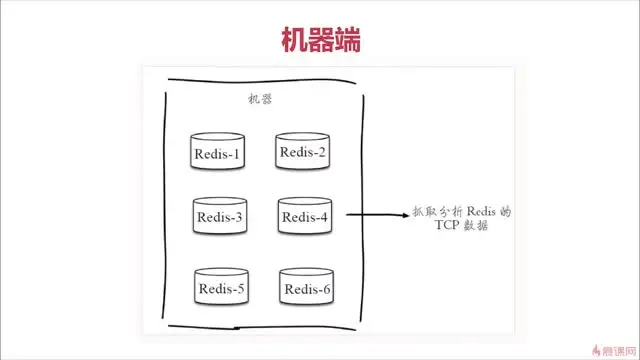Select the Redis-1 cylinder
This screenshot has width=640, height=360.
tap(218, 153)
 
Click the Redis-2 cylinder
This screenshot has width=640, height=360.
tap(303, 152)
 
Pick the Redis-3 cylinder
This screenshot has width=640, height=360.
tap(219, 216)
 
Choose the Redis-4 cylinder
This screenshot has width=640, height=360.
tap(305, 216)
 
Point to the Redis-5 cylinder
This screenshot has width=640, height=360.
tap(221, 289)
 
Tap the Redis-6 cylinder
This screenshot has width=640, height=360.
tap(307, 289)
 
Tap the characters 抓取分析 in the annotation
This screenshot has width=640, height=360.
tap(434, 212)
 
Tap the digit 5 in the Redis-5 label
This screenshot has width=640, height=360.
tap(240, 290)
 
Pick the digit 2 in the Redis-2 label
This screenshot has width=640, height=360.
tap(321, 152)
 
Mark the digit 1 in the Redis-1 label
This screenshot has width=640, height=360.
tap(236, 154)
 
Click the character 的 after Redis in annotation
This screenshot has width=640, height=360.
tap(505, 212)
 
